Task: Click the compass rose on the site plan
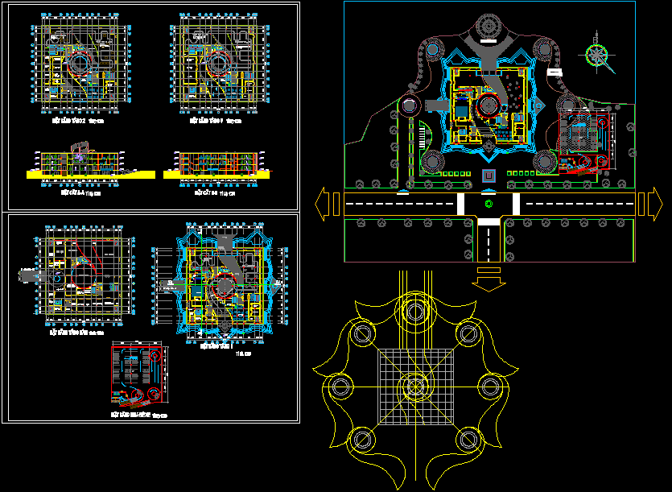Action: [x=597, y=54]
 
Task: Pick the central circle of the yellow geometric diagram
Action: [x=414, y=387]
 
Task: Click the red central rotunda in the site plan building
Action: [x=489, y=105]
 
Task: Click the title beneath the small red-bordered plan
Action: [x=138, y=414]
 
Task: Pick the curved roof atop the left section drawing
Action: [x=81, y=147]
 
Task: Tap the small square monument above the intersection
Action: [x=488, y=176]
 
